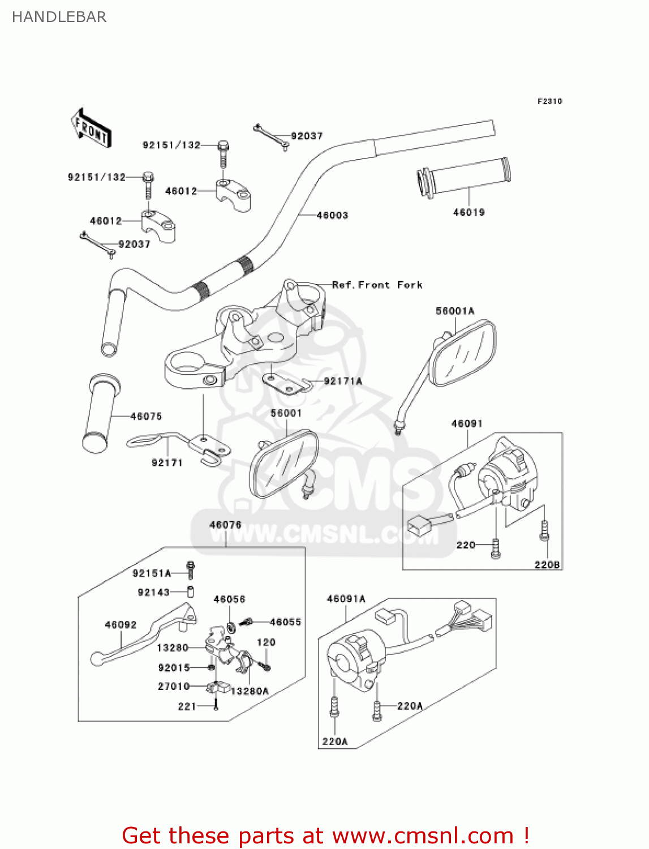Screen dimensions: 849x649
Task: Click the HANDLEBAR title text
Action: [x=59, y=17]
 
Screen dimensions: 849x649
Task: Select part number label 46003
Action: [x=332, y=215]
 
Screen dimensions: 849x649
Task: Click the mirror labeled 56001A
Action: [x=462, y=352]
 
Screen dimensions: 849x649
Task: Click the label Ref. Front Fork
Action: [x=377, y=285]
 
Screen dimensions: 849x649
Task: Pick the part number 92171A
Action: [x=343, y=381]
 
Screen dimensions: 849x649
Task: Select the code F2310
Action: [x=549, y=101]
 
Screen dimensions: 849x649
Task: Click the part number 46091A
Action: [x=346, y=599]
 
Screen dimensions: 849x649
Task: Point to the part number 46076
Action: [x=225, y=525]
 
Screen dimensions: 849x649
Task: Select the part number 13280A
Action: [x=250, y=691]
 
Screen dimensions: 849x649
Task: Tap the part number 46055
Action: [x=285, y=622]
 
